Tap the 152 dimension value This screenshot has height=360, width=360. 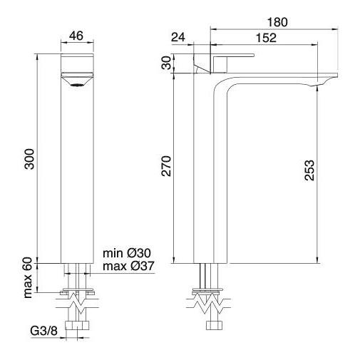(x=267, y=39)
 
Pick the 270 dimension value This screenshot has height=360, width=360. (x=166, y=168)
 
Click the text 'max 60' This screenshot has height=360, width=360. (x=29, y=278)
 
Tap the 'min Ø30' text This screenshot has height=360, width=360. (x=127, y=253)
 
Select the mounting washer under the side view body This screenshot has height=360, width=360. (x=210, y=291)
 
